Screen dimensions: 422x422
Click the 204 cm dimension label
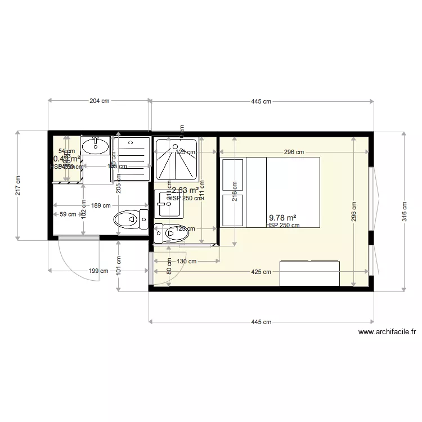pyautogui.click(x=99, y=101)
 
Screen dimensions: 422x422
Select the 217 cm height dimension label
pyautogui.click(x=17, y=185)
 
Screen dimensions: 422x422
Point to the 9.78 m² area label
pyautogui.click(x=282, y=218)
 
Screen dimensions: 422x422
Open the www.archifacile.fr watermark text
pyautogui.click(x=387, y=332)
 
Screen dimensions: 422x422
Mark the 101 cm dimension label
pyautogui.click(x=119, y=265)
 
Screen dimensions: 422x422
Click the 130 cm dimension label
pyautogui.click(x=187, y=261)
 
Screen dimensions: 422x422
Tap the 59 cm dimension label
pyautogui.click(x=68, y=214)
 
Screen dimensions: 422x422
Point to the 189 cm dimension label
pyautogui.click(x=101, y=205)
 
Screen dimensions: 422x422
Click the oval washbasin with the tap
pyautogui.click(x=95, y=147)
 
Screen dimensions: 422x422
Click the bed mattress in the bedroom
pyautogui.click(x=283, y=192)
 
